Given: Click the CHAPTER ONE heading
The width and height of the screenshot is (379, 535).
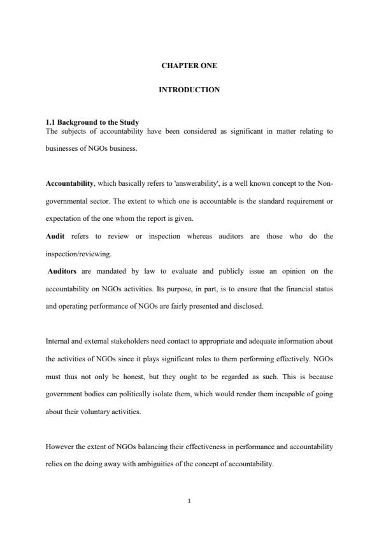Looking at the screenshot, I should (189, 66).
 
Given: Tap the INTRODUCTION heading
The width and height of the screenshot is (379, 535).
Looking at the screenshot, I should (189, 90).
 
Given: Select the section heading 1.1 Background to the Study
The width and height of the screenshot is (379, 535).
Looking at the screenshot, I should (92, 122).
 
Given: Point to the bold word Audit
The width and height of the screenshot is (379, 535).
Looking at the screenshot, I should (55, 236).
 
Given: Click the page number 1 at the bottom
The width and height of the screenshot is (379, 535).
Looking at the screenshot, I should (189, 501).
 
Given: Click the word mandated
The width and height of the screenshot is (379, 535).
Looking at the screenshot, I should (109, 271).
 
